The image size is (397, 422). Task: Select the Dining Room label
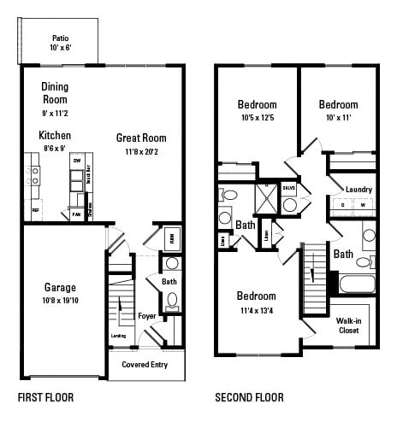pos(55,92)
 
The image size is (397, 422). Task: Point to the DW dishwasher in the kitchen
pos(77,161)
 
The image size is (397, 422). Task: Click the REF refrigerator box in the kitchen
pos(36,209)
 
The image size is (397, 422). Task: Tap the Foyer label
pos(146,316)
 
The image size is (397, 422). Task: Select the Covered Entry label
pos(145,365)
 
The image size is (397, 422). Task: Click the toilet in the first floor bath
pos(172,300)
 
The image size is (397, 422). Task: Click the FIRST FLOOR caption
pos(45,397)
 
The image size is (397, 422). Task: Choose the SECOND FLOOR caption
pos(249,397)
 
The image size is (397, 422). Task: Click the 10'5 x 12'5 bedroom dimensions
pos(257,118)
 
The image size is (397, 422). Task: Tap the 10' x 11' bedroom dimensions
pos(338,118)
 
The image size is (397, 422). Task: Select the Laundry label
pos(358,189)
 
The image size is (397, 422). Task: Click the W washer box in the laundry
pos(362,205)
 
